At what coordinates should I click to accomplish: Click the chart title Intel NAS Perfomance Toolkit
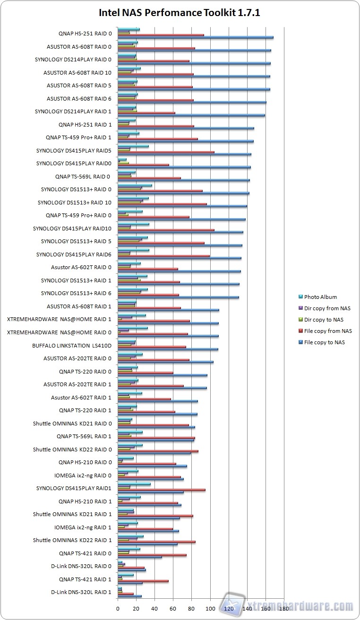click(179, 13)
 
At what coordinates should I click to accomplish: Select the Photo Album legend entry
click(320, 297)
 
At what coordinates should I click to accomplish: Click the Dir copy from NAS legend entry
click(327, 308)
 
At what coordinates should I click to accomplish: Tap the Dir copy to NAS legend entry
click(324, 320)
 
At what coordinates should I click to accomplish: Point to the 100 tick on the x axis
click(210, 609)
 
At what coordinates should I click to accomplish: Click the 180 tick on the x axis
click(284, 609)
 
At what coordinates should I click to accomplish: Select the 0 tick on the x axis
click(118, 609)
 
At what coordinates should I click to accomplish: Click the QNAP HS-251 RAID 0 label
click(85, 34)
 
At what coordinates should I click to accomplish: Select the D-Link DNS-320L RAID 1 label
click(81, 592)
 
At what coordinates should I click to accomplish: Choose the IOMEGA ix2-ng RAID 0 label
click(83, 476)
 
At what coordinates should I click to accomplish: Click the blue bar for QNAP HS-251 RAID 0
click(195, 37)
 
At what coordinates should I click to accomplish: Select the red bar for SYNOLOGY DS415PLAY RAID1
click(161, 490)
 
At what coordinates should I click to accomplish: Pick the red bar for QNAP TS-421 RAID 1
click(143, 581)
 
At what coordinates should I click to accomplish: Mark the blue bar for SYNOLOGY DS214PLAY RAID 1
click(191, 115)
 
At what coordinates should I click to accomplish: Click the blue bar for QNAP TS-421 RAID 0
click(139, 557)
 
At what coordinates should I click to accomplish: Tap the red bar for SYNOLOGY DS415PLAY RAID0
click(143, 165)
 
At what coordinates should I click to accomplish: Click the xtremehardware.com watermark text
click(300, 606)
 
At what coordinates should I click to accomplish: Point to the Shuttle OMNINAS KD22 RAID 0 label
click(72, 450)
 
